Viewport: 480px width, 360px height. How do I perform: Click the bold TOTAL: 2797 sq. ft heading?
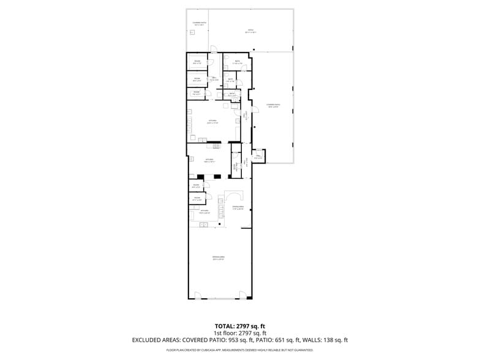click(239, 326)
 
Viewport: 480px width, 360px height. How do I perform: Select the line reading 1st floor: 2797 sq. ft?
click(239, 332)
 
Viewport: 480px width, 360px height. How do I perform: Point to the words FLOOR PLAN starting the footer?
click(174, 350)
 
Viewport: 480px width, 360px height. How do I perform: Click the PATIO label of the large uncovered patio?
click(250, 30)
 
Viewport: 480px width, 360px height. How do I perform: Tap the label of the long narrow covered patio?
click(273, 106)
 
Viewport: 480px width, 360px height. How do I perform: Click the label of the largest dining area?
click(218, 258)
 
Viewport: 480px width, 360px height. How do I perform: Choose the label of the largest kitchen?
click(212, 122)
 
